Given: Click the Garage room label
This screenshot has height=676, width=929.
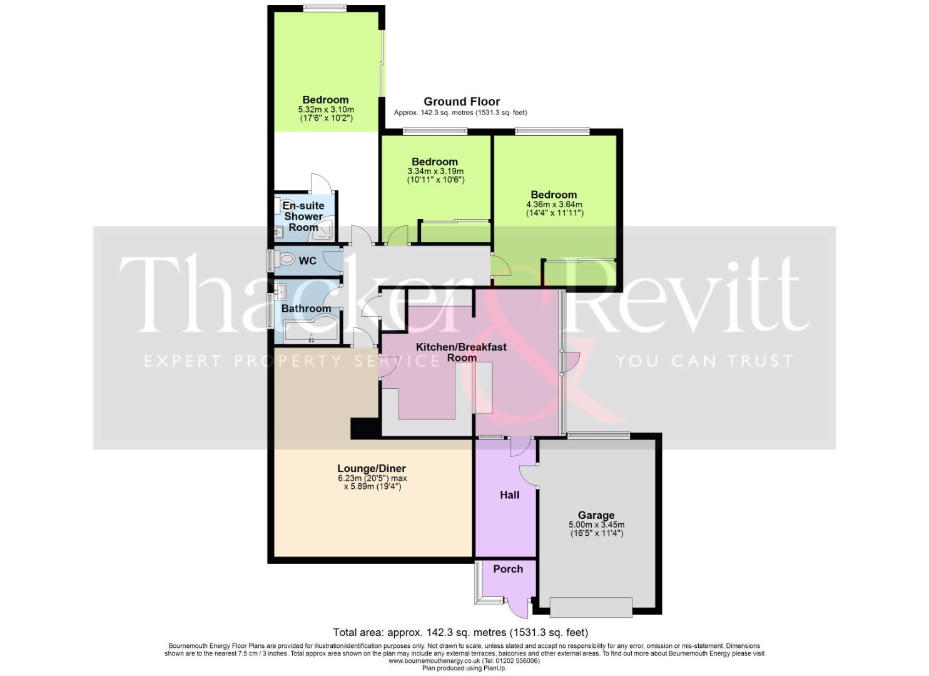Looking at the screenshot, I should click(596, 515).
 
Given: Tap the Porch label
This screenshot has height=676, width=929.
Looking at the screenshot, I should click(507, 569).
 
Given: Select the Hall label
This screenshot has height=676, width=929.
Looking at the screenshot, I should click(509, 495).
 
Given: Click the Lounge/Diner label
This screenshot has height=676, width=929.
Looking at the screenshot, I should click(372, 468).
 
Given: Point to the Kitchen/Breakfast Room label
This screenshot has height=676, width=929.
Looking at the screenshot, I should click(461, 352).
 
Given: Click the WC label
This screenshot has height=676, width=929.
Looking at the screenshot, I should click(308, 260).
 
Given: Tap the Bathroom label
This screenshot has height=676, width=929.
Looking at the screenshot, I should click(306, 309).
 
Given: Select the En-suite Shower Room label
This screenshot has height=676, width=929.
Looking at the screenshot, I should click(303, 217).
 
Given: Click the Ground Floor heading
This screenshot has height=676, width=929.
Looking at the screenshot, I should click(462, 101).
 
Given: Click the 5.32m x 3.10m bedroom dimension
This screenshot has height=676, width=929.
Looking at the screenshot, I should click(325, 109).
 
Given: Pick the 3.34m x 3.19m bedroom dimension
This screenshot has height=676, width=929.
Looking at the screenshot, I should click(435, 171).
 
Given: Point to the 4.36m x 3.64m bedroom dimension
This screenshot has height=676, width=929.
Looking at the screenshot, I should click(554, 204).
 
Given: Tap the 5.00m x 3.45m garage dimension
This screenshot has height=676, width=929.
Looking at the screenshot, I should click(596, 525).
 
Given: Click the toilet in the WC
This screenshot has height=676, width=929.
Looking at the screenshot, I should click(287, 259).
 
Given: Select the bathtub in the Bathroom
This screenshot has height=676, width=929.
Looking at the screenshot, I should click(310, 332).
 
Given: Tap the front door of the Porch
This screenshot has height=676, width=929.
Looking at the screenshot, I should click(518, 607).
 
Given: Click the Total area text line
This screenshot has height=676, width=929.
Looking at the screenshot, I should click(460, 632).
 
